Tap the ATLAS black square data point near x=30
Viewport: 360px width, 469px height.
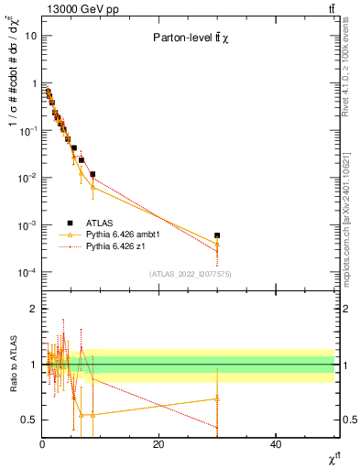[x=217, y=235]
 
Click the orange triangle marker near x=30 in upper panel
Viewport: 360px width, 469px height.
[x=217, y=244]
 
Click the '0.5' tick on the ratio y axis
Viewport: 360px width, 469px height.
[x=28, y=420]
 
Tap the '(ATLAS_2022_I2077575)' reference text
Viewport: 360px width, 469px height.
[x=188, y=274]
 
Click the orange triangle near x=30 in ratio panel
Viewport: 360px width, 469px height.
[x=217, y=398]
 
